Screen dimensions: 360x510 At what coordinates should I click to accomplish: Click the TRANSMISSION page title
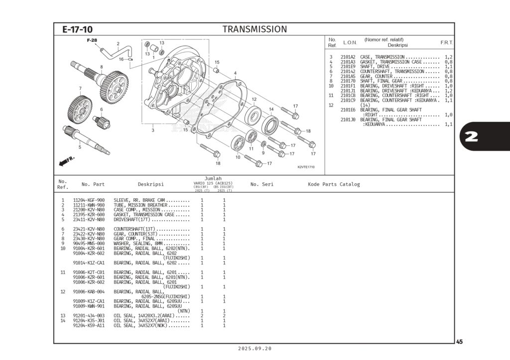255,29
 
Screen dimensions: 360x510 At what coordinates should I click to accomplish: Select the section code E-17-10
77,30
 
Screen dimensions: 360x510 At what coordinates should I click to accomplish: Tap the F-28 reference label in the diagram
92,40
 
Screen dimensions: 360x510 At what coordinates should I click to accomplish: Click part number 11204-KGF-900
89,200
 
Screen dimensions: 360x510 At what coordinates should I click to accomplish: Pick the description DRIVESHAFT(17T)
137,219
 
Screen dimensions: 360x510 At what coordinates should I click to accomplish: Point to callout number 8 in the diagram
101,67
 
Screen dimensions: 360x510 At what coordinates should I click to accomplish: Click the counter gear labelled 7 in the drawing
80,107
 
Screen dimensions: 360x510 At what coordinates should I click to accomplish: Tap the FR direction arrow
67,161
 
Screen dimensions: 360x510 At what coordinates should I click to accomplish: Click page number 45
459,342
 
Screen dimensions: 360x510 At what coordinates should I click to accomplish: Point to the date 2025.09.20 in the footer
255,349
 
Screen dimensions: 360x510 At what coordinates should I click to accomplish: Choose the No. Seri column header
261,184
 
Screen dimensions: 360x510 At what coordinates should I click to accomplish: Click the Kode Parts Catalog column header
334,184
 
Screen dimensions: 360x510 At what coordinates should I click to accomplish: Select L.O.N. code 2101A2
348,57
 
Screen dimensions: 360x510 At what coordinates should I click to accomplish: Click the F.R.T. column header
446,43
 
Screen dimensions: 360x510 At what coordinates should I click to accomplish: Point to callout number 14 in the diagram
271,109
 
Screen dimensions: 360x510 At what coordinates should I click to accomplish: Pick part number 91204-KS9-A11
89,326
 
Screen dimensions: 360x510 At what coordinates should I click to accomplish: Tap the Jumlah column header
213,178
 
